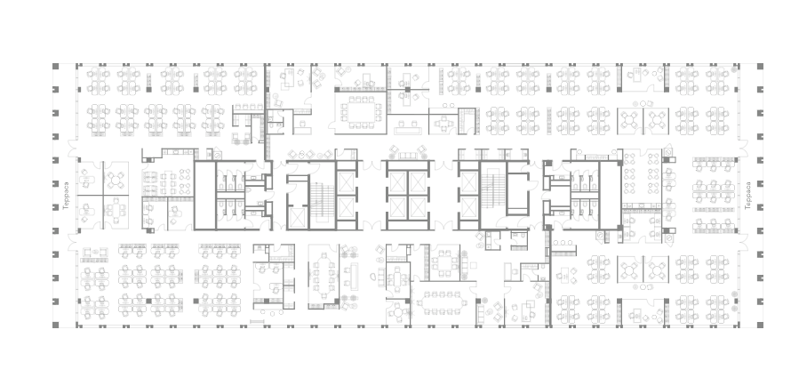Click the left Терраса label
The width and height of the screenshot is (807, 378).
click(x=66, y=195)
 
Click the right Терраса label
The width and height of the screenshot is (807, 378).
click(x=747, y=195)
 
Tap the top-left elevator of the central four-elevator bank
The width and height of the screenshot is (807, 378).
click(x=398, y=182)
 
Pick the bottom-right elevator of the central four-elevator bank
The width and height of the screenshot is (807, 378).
click(x=418, y=208)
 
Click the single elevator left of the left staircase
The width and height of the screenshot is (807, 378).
click(x=297, y=218)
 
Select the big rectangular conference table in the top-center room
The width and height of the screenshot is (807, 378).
click(x=362, y=112)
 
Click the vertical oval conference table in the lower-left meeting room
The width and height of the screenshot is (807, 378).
click(x=324, y=276)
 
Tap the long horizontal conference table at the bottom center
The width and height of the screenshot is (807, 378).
click(x=442, y=302)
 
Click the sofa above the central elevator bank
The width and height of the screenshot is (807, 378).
click(x=408, y=155)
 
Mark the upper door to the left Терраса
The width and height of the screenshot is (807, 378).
click(x=73, y=149)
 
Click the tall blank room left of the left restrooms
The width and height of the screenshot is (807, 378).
click(x=204, y=195)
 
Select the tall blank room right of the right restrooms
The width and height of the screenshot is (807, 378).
click(x=611, y=195)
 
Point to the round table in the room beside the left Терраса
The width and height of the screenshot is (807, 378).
click(x=116, y=179)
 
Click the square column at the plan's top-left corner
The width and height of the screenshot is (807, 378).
click(x=56, y=66)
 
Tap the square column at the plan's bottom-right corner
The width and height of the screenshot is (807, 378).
click(x=760, y=325)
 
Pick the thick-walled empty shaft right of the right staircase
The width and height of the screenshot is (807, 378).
click(x=518, y=194)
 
